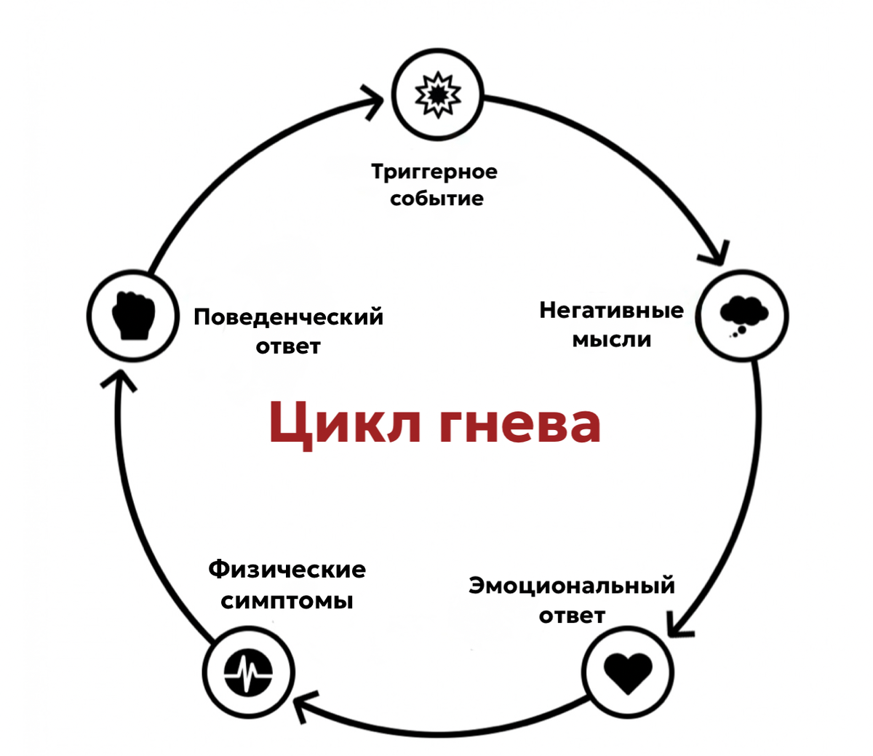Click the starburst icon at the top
(x=437, y=94)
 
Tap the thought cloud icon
(x=743, y=315)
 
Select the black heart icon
(x=629, y=672)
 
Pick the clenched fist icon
(x=133, y=316)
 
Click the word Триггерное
(x=434, y=172)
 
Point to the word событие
(x=436, y=199)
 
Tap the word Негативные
(x=611, y=311)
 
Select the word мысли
(x=611, y=339)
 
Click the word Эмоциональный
(x=572, y=586)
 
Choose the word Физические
(x=287, y=569)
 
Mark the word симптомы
(x=287, y=601)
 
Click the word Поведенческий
(x=288, y=317)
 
